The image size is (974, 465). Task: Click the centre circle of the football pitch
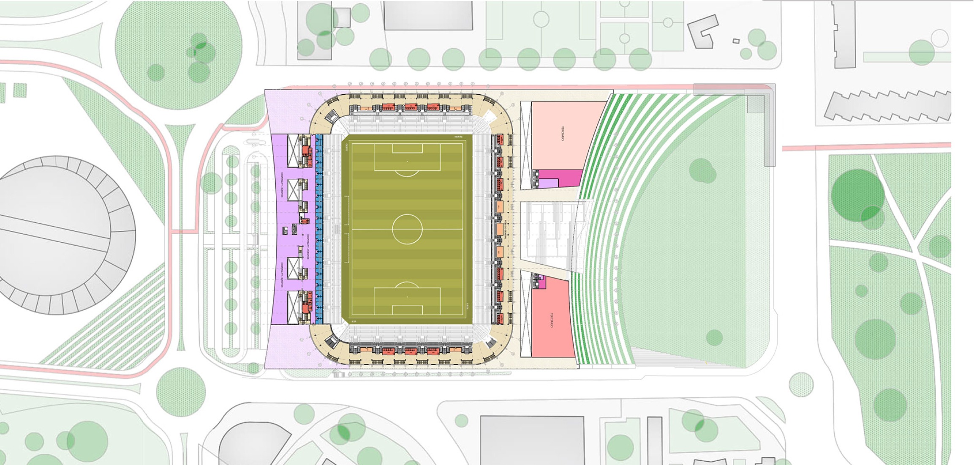click(407, 229)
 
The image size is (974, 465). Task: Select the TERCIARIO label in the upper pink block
click(563, 134)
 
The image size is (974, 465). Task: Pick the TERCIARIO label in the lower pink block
click(552, 320)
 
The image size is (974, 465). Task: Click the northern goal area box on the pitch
click(407, 148)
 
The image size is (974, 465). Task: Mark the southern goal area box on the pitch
click(407, 310)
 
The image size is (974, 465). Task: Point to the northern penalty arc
click(407, 173)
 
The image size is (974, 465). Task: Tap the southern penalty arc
click(407, 285)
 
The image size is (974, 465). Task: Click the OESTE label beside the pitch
click(346, 148)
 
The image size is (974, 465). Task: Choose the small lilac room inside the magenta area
click(549, 183)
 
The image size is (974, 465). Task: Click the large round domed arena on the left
click(59, 235)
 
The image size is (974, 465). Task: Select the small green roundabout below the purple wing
click(181, 388)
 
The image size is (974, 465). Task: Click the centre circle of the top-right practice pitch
click(668, 22)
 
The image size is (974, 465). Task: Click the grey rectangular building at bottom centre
click(532, 440)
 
